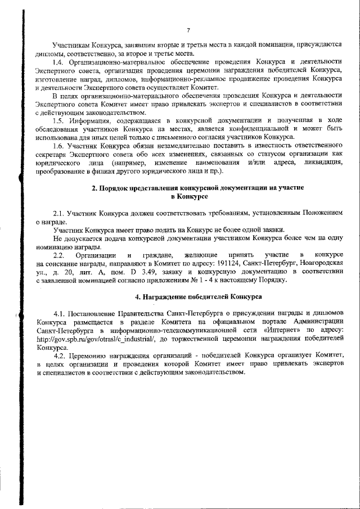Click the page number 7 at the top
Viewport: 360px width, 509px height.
tap(189, 30)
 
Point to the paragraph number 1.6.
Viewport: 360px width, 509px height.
tap(58, 146)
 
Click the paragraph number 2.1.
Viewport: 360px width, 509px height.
tap(58, 214)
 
